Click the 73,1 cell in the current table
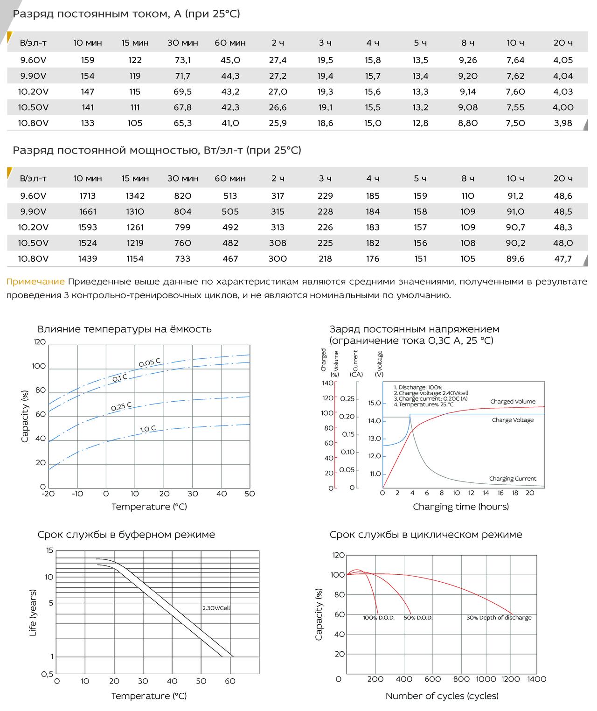coord(182,60)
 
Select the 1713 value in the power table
coord(88,196)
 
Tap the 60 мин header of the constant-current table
coord(230,43)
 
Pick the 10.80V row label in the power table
coord(33,259)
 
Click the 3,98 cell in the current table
coord(563,123)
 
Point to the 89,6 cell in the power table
coord(515,259)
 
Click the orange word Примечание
coord(35,282)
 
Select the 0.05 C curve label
coord(149,362)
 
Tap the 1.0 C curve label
coord(148,429)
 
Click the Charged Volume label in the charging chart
coord(513,402)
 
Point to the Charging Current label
coord(513,478)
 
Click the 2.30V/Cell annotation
coord(216,608)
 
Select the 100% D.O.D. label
coord(378,618)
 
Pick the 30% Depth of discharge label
coord(499,618)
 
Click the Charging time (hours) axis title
coord(461,507)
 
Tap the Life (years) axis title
coord(33,613)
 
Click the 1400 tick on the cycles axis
coord(536,679)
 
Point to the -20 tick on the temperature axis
coord(48,494)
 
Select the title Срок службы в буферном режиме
coord(126,535)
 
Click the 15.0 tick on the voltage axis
coord(375,403)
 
